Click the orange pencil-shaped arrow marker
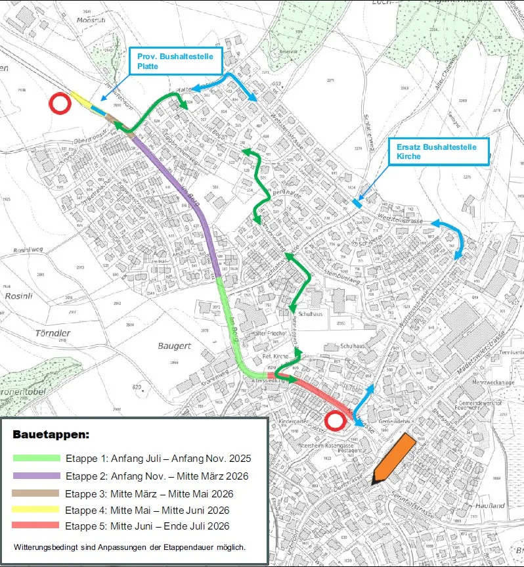click(x=393, y=459)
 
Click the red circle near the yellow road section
click(x=60, y=103)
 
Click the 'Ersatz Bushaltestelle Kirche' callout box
click(x=439, y=152)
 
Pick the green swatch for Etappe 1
click(x=37, y=458)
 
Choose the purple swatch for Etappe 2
click(x=37, y=475)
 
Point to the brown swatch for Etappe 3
click(x=37, y=493)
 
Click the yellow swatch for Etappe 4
click(x=37, y=509)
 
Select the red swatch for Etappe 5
click(x=37, y=526)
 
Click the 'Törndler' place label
click(x=53, y=333)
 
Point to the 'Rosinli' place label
click(x=18, y=296)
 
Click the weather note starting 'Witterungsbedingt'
click(x=129, y=547)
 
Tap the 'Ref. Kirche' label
click(x=276, y=356)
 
